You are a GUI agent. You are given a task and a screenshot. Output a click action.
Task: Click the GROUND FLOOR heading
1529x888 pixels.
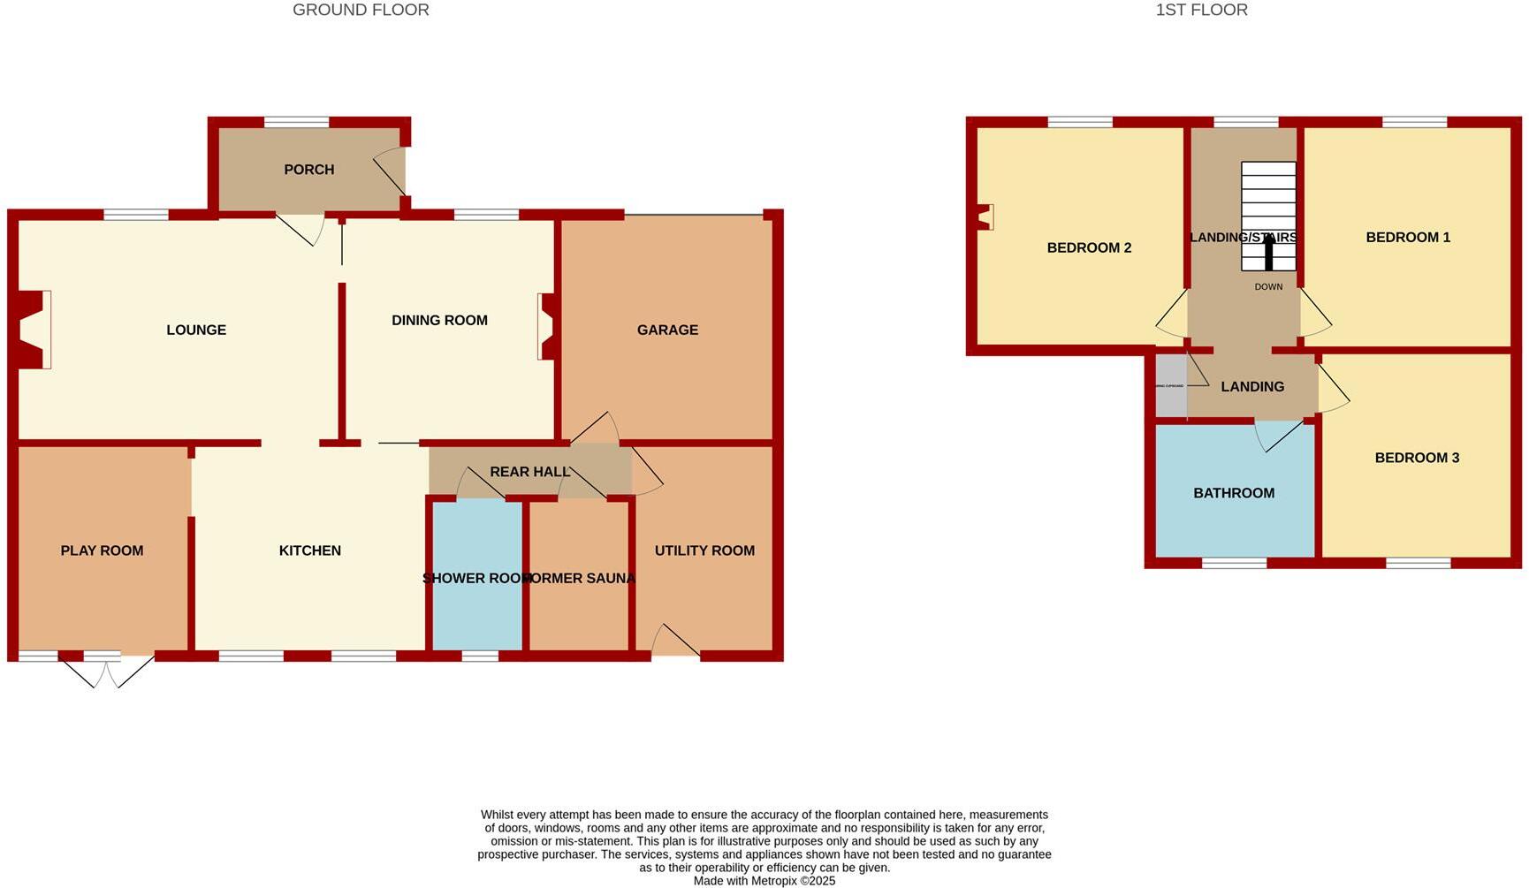tap(361, 11)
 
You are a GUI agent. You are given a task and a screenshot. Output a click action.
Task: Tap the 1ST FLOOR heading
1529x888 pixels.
tap(1201, 11)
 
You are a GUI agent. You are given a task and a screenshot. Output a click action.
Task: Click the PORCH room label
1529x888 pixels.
tap(308, 170)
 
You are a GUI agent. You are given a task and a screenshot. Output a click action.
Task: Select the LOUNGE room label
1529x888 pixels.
tap(196, 330)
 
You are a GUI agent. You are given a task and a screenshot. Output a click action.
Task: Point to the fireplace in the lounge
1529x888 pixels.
tap(34, 330)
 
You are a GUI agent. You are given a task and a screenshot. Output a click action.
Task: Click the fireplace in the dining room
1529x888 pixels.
tap(545, 326)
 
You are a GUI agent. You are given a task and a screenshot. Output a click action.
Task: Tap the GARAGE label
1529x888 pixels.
tap(667, 330)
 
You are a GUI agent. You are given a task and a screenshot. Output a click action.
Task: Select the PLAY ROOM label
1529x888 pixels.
tap(102, 551)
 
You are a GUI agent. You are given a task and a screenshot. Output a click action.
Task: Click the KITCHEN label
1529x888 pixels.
tap(309, 551)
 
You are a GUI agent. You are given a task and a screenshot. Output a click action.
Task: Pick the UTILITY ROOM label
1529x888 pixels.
tap(704, 551)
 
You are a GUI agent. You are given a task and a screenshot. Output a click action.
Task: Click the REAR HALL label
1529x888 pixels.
tap(529, 472)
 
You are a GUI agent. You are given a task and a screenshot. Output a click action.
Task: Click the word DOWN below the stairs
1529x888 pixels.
tap(1268, 287)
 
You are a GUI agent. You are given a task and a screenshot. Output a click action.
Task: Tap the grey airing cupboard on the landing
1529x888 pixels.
tap(1171, 386)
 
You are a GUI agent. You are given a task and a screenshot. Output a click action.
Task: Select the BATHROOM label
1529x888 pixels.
tap(1234, 494)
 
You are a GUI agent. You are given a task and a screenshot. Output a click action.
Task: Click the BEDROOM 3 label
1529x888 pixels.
tap(1417, 459)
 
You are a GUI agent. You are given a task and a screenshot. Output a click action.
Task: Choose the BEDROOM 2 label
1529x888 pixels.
tap(1089, 248)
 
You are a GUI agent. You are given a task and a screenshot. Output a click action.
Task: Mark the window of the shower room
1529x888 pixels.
tap(480, 656)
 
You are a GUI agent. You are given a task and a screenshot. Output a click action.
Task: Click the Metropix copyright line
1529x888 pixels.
tap(764, 881)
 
